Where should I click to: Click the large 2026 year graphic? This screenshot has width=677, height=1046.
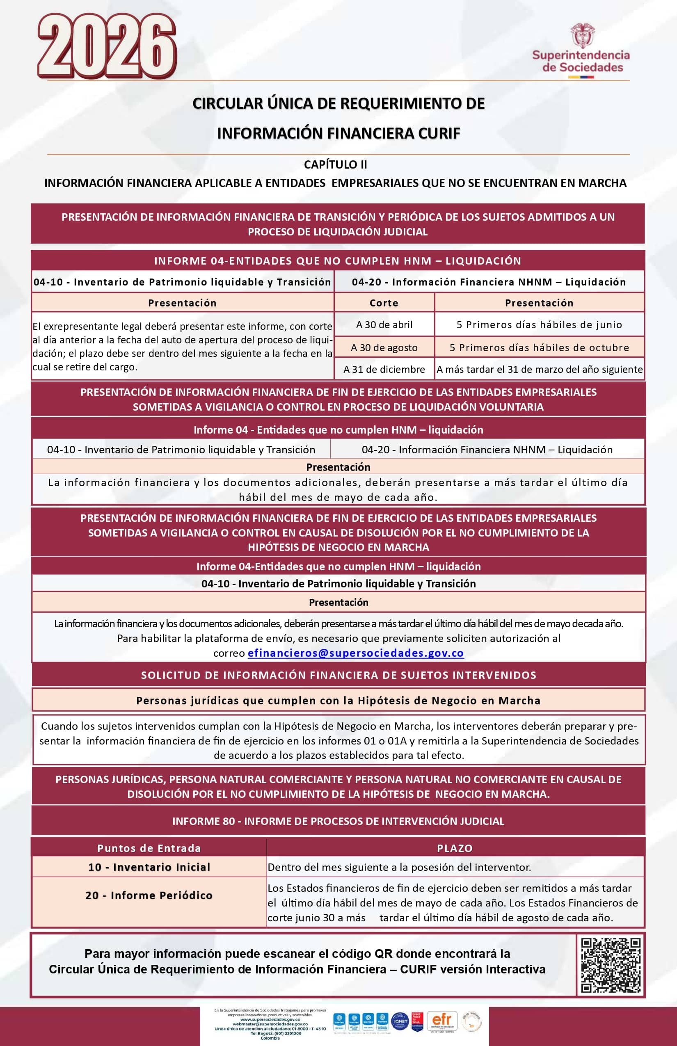[x=107, y=46]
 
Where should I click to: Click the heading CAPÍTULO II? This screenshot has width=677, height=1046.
[x=336, y=164]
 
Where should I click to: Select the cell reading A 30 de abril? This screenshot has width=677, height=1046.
[x=384, y=325]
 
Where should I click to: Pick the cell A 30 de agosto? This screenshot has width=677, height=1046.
[x=384, y=348]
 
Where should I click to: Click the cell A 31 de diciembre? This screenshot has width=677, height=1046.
[x=384, y=370]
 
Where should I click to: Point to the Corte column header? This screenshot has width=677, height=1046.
[x=384, y=303]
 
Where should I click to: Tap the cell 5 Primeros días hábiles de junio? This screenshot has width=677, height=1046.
[x=540, y=325]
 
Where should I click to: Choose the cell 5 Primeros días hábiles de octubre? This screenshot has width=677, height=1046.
[x=540, y=348]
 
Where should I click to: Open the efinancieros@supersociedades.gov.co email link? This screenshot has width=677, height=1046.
[x=356, y=653]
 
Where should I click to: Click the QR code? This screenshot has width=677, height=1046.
[x=611, y=966]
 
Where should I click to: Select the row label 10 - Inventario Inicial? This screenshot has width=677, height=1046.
[x=149, y=867]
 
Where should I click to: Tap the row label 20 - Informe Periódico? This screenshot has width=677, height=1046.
[x=149, y=895]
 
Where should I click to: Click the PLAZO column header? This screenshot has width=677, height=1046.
[x=455, y=848]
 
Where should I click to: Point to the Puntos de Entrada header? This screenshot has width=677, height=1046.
[x=149, y=848]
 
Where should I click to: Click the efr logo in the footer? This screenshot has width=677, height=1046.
[x=442, y=1021]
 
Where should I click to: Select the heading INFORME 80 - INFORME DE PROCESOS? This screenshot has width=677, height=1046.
[x=338, y=821]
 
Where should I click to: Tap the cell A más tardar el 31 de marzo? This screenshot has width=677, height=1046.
[x=540, y=370]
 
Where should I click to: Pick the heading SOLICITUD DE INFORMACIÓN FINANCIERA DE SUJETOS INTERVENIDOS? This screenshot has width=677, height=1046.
[x=338, y=675]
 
